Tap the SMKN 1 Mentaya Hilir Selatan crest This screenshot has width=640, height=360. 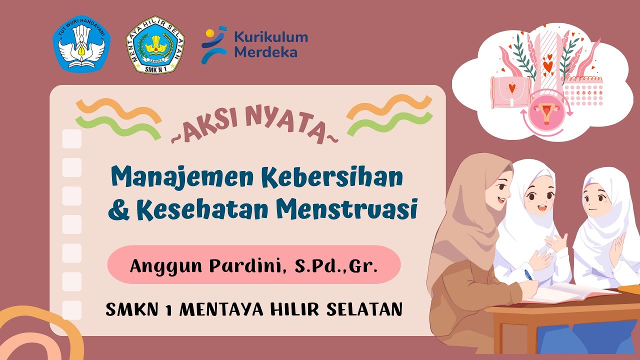coord(155,44)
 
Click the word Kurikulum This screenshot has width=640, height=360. coord(271,37)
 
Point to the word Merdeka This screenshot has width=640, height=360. coord(265,52)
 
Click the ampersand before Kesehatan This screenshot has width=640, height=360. coord(118,211)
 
